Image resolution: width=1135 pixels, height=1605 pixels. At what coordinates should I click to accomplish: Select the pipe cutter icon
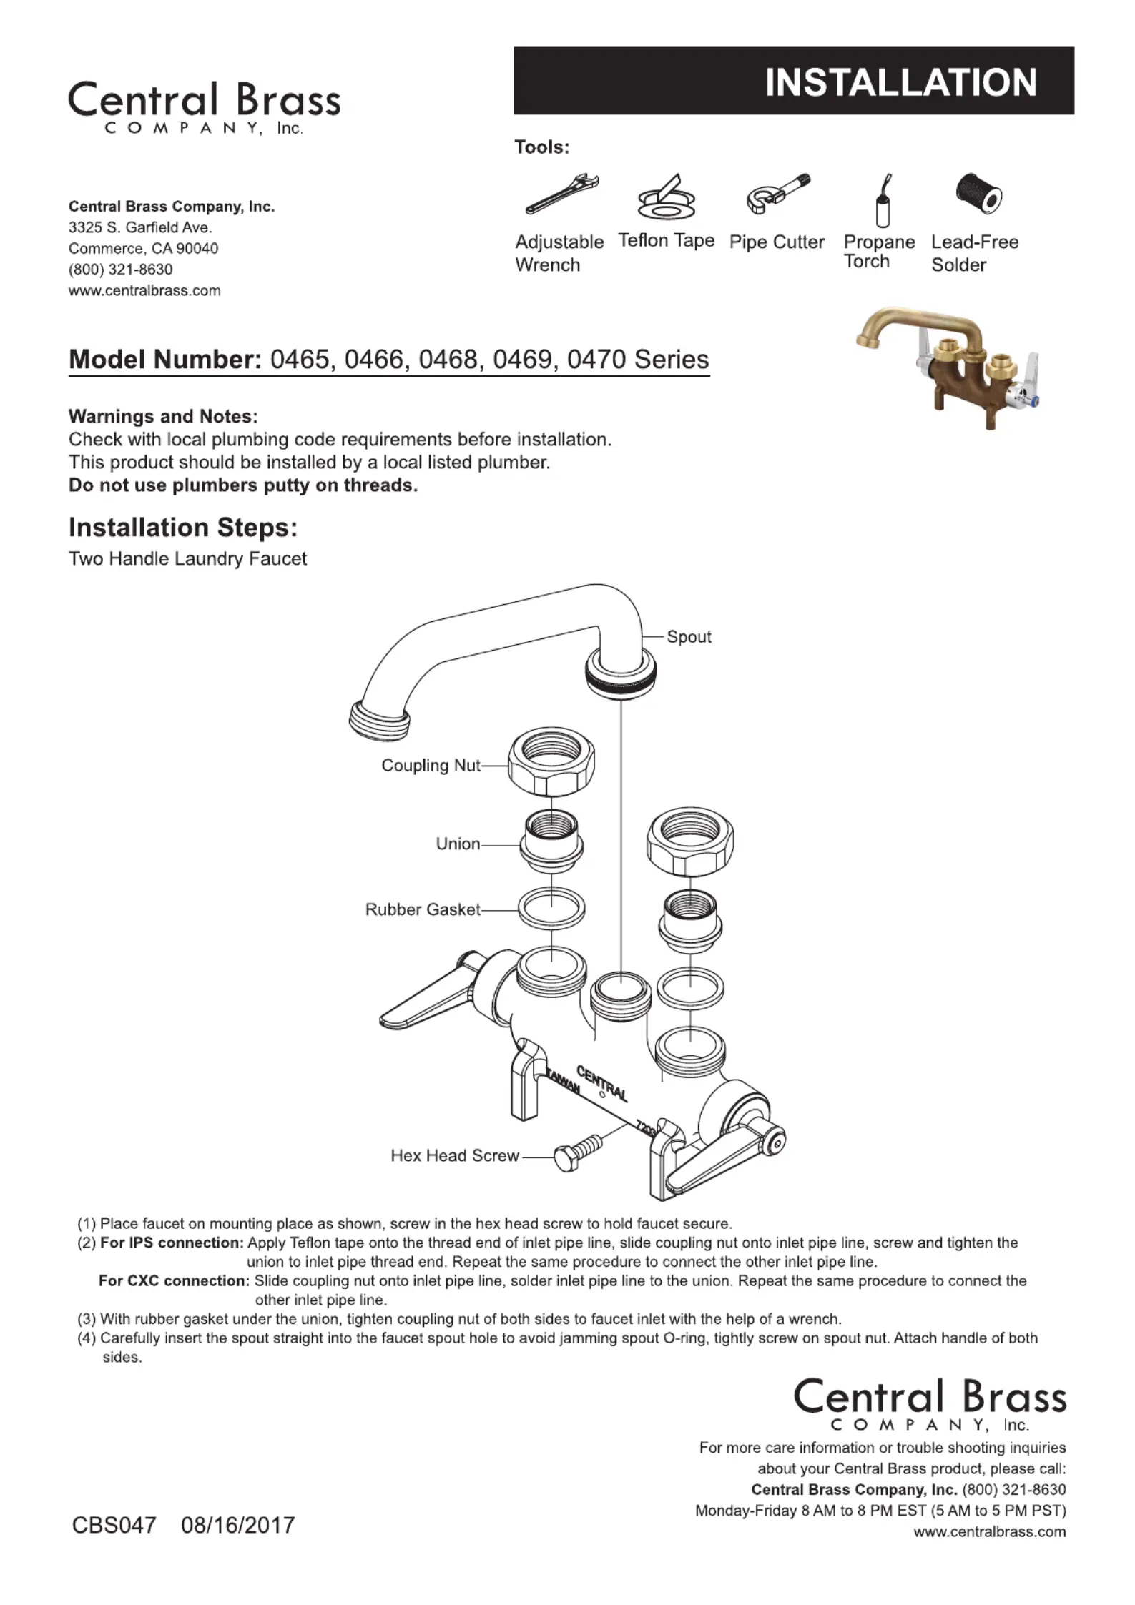(777, 194)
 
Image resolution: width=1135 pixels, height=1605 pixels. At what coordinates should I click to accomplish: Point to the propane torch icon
(883, 200)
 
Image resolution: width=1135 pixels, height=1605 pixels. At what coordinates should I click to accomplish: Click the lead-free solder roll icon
(978, 194)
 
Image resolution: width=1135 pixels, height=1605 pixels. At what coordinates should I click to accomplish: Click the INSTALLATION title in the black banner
(900, 82)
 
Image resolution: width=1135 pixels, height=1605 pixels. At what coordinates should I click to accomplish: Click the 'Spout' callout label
(689, 637)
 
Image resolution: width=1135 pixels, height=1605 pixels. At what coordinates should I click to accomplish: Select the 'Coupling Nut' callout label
(431, 766)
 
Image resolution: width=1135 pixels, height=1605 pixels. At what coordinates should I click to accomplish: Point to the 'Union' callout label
(458, 844)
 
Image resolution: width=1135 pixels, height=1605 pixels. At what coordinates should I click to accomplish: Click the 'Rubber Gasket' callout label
(423, 909)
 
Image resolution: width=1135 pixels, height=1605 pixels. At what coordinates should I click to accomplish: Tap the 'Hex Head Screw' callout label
(454, 1156)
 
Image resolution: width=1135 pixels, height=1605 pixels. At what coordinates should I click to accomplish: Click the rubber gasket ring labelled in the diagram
(551, 909)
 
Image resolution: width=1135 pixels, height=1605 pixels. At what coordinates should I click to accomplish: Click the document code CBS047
(114, 1525)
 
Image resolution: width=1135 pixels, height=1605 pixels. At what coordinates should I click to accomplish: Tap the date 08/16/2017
(237, 1525)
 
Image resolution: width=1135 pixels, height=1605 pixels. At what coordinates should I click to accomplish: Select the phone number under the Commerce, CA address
(120, 270)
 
